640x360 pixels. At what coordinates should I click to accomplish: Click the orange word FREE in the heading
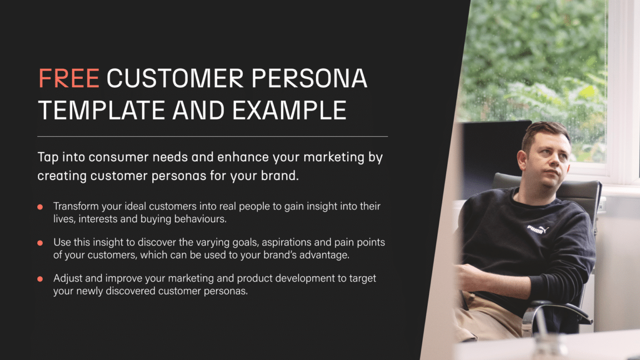tap(68, 79)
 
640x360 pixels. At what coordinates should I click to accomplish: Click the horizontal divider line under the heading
tap(212, 136)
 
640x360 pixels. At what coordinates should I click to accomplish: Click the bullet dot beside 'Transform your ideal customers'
tap(40, 207)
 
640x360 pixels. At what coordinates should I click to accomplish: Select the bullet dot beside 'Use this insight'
tap(40, 243)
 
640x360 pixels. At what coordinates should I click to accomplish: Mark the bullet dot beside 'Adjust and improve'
tap(40, 279)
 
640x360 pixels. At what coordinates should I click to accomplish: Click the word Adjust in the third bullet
tap(67, 278)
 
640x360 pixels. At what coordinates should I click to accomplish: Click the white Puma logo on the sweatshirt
tap(538, 228)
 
